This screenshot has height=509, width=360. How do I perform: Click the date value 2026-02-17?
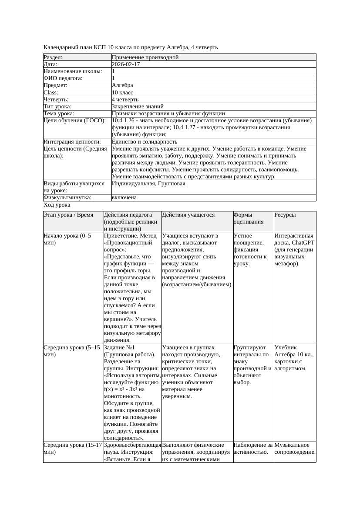tap(126, 64)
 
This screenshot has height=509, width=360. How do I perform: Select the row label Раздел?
tap(53, 57)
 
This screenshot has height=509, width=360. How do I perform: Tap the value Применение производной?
tap(145, 57)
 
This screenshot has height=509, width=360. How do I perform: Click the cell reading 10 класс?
tap(122, 93)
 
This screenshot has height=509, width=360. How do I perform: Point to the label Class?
tap(51, 93)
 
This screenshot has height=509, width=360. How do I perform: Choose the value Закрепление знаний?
tap(138, 107)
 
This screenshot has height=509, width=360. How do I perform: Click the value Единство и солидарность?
tap(145, 142)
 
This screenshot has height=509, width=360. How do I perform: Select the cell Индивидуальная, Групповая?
tap(148, 184)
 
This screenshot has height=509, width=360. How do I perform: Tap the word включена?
tap(124, 198)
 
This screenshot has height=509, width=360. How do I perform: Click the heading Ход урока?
tap(57, 205)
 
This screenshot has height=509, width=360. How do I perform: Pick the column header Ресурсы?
tap(285, 215)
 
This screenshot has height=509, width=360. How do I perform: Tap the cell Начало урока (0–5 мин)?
tap(67, 239)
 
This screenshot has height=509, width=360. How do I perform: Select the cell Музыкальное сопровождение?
tap(295, 449)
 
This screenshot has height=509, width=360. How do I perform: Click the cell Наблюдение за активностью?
tap(253, 449)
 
